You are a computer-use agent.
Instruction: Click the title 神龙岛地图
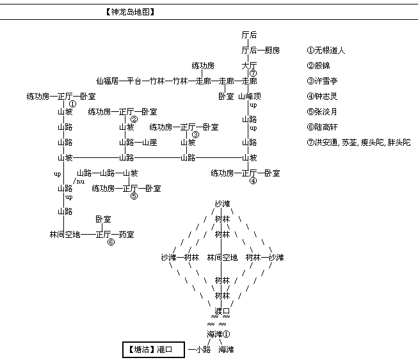[130, 12]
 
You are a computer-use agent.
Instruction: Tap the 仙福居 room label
[108, 81]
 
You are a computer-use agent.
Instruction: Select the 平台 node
[134, 81]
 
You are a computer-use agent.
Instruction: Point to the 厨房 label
[272, 51]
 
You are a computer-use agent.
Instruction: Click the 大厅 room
[249, 66]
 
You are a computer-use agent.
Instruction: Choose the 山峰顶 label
[250, 97]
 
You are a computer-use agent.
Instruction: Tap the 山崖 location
[150, 143]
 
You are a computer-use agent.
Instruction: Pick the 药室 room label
[126, 235]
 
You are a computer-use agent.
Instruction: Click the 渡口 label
[222, 311]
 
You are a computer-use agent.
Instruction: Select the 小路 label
[203, 349]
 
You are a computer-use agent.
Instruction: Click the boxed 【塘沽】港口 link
[154, 350]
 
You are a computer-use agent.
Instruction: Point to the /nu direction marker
[79, 182]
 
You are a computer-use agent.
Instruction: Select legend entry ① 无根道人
[326, 51]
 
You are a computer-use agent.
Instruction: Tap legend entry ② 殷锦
[318, 66]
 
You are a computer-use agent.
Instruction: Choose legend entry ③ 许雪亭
[322, 81]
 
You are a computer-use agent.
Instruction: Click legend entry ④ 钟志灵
[322, 97]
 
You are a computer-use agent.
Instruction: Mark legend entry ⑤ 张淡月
[322, 111]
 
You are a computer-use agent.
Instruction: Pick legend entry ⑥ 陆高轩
[322, 127]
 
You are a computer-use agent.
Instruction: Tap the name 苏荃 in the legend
[350, 143]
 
